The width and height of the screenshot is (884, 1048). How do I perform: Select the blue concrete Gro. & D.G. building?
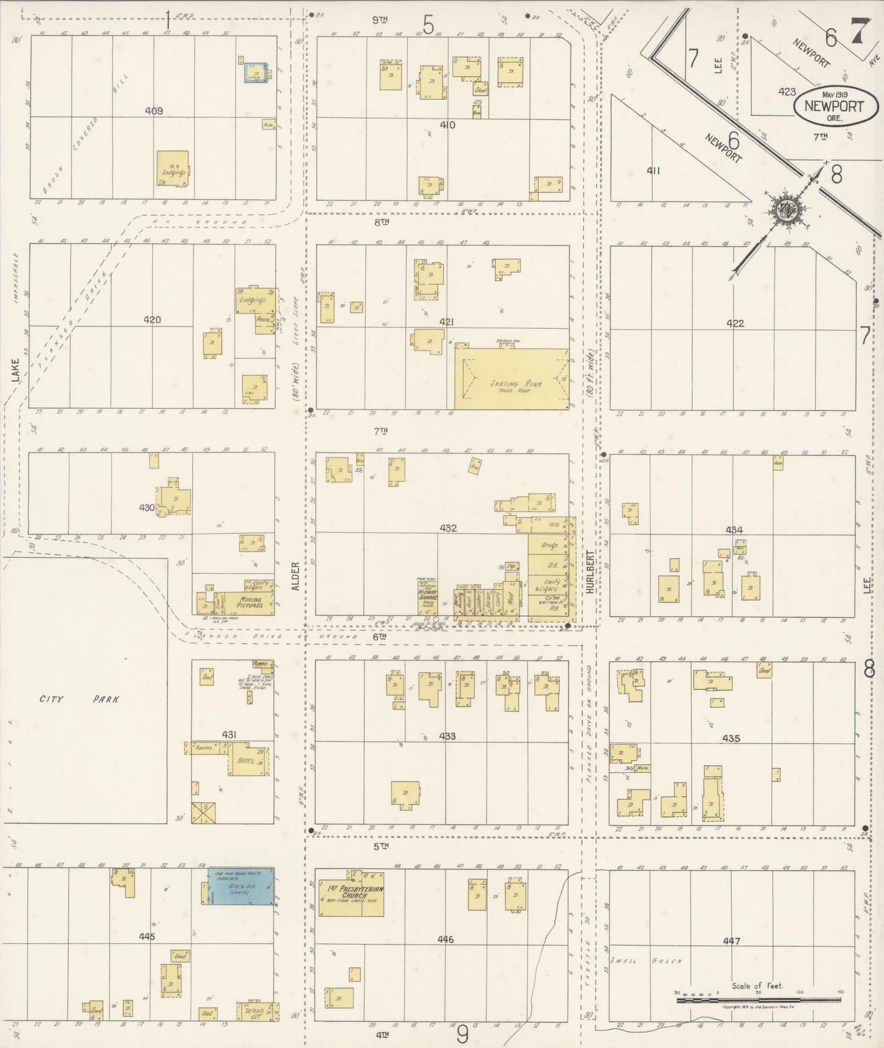241,887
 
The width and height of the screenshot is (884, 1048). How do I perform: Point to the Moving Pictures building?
250,602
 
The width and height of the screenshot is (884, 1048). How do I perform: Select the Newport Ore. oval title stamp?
829,106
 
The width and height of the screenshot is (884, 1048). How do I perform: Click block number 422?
735,323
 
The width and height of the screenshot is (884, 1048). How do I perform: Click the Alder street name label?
295,576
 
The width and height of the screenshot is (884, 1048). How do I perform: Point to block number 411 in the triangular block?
653,171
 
